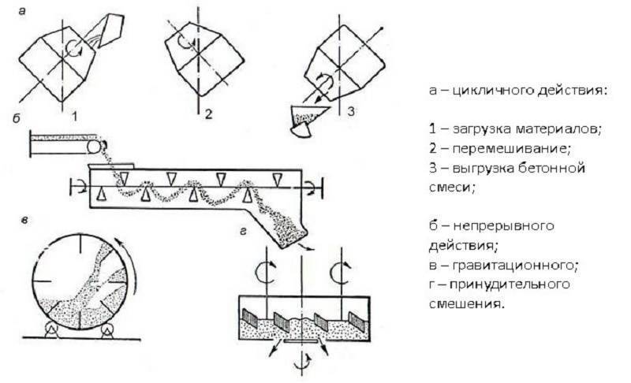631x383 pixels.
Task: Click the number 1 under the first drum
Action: pyautogui.click(x=74, y=117)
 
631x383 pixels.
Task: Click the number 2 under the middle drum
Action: pyautogui.click(x=208, y=114)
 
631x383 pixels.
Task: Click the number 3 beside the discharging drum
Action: pyautogui.click(x=351, y=111)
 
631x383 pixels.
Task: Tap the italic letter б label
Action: pyautogui.click(x=17, y=119)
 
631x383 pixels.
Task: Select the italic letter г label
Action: pyautogui.click(x=243, y=232)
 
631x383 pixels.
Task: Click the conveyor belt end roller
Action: pyautogui.click(x=94, y=147)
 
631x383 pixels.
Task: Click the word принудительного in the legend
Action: pyautogui.click(x=510, y=285)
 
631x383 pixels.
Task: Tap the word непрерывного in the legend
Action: pyautogui.click(x=503, y=226)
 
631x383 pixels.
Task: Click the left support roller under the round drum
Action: pyautogui.click(x=51, y=331)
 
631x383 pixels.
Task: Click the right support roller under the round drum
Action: pyautogui.click(x=107, y=331)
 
